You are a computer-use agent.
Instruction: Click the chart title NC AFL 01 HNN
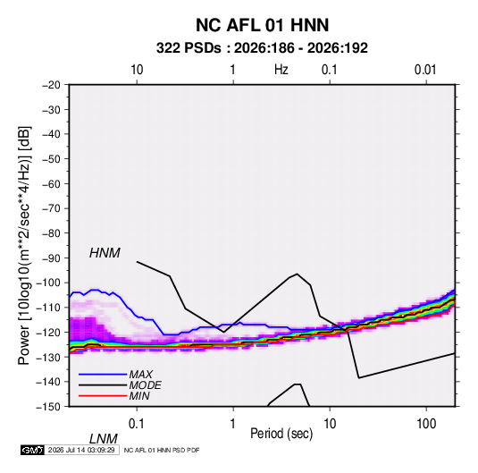[262, 25]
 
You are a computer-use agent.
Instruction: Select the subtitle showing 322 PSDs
[262, 48]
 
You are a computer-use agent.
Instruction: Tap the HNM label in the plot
[105, 253]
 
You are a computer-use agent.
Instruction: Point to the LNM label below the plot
[104, 439]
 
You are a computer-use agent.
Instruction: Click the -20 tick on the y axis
[51, 85]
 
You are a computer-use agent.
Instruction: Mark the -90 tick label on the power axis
[51, 258]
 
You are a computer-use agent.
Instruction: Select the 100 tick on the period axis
[426, 424]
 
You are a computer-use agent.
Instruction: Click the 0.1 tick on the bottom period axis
[137, 424]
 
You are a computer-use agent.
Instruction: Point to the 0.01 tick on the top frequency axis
[425, 70]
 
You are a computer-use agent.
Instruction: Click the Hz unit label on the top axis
[281, 70]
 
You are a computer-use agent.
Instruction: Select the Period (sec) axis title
[281, 434]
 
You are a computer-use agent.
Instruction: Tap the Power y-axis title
[24, 245]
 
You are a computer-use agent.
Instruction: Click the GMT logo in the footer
[33, 450]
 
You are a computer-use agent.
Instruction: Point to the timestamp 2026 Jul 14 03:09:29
[81, 450]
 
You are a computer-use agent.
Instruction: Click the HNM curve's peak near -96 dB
[297, 274]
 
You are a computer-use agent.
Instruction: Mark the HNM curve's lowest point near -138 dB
[359, 378]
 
